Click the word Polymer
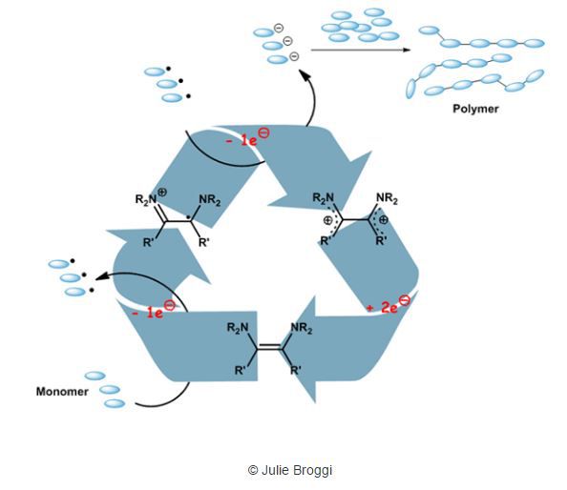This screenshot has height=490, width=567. [x=475, y=109]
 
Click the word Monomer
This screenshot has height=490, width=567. [x=62, y=392]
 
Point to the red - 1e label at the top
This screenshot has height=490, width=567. [x=247, y=137]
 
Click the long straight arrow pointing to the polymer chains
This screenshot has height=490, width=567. [x=361, y=50]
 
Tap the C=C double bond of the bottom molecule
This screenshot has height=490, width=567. [x=269, y=348]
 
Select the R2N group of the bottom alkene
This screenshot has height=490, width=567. [x=238, y=328]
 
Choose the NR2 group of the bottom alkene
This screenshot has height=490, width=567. [x=302, y=328]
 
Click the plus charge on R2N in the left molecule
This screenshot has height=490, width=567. [x=162, y=193]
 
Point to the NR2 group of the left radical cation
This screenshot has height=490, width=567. [x=210, y=199]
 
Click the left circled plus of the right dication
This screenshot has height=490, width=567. [x=327, y=220]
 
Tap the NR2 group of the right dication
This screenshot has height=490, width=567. [x=387, y=198]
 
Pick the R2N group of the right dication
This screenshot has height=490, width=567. [x=324, y=198]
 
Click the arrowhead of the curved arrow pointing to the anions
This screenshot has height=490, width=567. [x=304, y=74]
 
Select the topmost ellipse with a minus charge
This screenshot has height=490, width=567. [x=263, y=32]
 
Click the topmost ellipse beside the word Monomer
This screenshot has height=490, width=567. [x=95, y=376]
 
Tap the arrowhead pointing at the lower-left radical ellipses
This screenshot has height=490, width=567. [x=100, y=276]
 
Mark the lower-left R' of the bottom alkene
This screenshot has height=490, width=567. [x=241, y=370]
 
